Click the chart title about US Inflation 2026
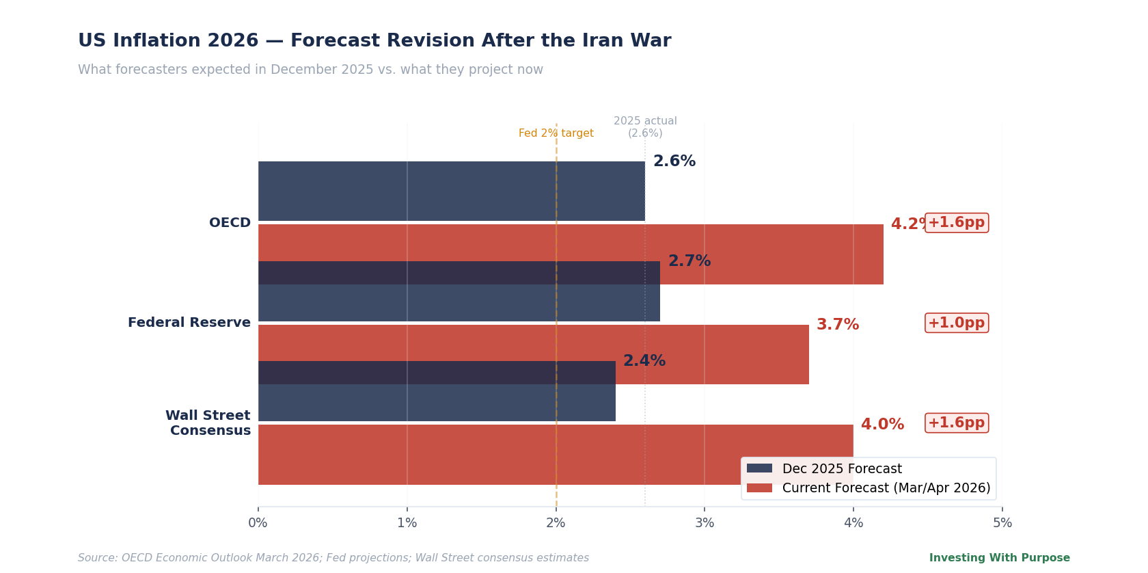click(374, 41)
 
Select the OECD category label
click(230, 223)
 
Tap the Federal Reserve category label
click(189, 323)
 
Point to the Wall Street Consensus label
click(208, 423)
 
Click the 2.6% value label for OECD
click(674, 161)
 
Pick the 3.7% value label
click(838, 325)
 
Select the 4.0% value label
click(882, 425)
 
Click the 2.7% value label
click(689, 261)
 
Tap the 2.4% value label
click(644, 361)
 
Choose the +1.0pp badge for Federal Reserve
click(956, 323)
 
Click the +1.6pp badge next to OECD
click(956, 223)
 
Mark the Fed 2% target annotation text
click(556, 133)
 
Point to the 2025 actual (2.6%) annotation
click(645, 127)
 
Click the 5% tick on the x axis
click(1002, 523)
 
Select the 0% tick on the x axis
click(258, 523)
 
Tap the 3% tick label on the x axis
click(705, 523)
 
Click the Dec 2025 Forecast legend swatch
click(759, 468)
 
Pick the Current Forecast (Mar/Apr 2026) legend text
click(886, 488)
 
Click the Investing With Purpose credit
click(999, 558)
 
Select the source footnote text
click(333, 558)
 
